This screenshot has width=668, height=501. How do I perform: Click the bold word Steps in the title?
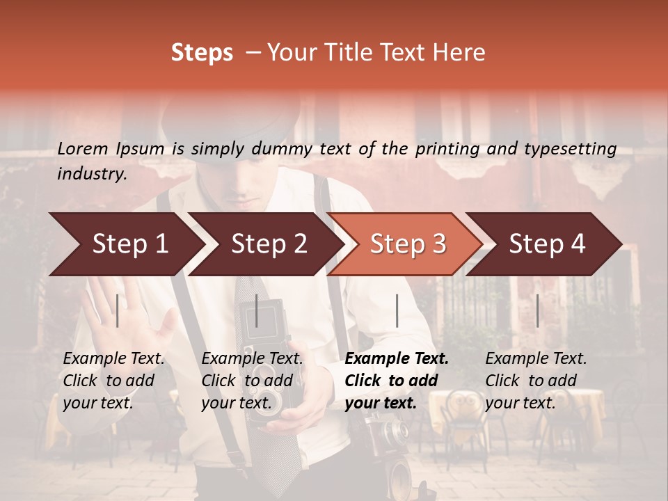click(202, 53)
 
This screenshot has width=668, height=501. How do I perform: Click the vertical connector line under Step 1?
click(118, 310)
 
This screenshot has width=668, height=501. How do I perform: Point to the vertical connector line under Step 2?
click(257, 310)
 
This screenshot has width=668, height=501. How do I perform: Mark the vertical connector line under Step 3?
click(397, 310)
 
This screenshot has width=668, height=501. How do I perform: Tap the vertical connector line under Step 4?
click(537, 310)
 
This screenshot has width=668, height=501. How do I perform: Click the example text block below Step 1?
click(113, 381)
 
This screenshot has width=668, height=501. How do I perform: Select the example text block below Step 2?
click(252, 381)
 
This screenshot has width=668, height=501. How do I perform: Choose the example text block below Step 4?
click(536, 381)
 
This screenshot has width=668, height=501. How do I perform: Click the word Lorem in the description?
click(83, 148)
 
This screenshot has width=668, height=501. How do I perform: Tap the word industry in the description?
click(91, 174)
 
